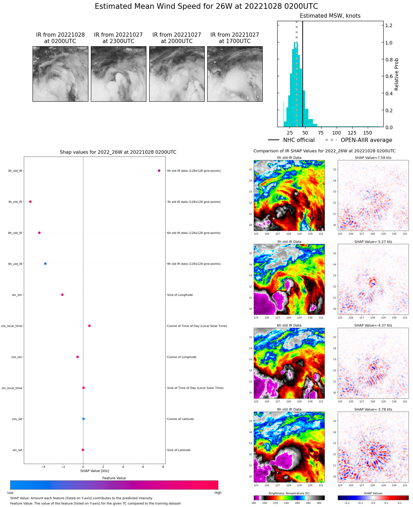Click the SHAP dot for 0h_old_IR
159,171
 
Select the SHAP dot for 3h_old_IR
30,202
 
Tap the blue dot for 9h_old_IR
45,264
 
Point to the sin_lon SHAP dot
62,295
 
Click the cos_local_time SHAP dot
89,326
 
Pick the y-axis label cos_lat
17,419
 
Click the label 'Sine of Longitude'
180,295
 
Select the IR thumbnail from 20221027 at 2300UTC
118,74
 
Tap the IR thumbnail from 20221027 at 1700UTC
235,74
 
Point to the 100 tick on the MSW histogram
337,133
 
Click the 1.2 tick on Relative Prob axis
389,25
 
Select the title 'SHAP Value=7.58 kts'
373,158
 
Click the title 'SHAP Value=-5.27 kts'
373,242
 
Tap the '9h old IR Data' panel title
289,410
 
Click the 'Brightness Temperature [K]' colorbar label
289,493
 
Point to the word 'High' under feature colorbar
218,493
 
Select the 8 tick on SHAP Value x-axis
163,467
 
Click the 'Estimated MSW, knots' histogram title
330,16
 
